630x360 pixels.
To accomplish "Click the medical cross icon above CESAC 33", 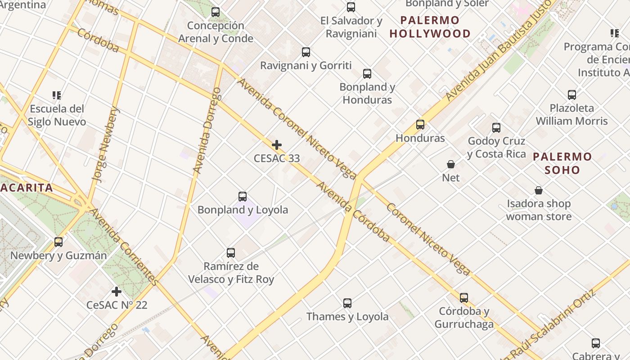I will point(277,145).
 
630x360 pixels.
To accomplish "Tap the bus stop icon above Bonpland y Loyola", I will point(243,197).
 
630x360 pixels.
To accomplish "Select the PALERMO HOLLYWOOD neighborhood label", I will point(430,27).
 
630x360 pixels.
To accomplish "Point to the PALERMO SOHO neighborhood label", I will point(562,163).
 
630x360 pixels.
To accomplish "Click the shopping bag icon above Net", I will point(451,164).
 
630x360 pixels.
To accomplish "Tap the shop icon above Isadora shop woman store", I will point(539,190).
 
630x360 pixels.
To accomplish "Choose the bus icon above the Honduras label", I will point(420,125).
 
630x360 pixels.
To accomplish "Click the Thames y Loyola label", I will point(347,317).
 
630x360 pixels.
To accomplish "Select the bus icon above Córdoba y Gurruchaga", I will point(464,298).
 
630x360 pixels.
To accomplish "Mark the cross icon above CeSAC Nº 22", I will point(117,292).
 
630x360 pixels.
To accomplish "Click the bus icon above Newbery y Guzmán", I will point(58,242).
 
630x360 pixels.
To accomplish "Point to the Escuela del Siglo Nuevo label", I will point(57,115).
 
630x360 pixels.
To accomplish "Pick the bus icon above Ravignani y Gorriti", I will point(306,52).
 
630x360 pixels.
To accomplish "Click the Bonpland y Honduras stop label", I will point(367,93).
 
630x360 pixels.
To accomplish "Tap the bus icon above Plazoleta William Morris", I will point(572,95).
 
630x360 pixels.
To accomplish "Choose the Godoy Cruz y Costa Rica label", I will point(496,148).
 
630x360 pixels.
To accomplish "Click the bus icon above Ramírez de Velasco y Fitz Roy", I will point(231,253).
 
